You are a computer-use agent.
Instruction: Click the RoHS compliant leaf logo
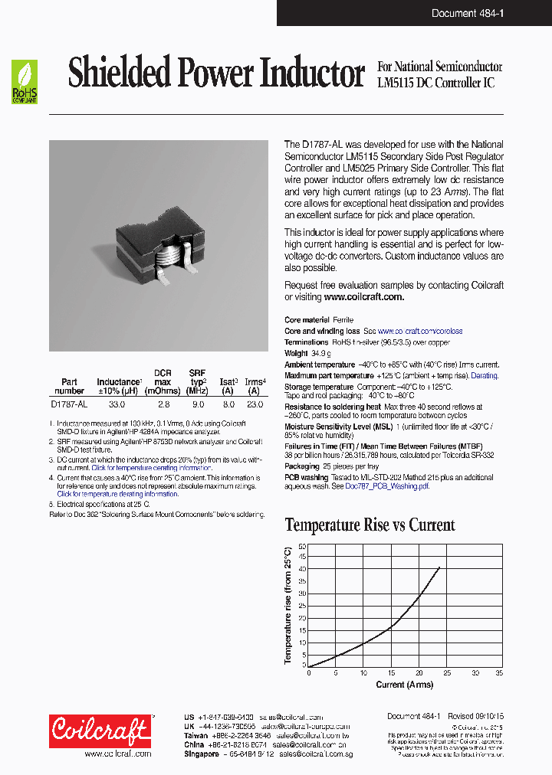click(x=24, y=82)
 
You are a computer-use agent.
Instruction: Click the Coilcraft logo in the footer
click(x=100, y=731)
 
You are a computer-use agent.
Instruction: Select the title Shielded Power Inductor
click(x=215, y=74)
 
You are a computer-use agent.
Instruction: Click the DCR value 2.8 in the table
click(x=163, y=403)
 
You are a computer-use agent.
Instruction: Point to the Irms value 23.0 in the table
click(x=255, y=403)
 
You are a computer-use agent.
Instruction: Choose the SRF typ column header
click(x=198, y=377)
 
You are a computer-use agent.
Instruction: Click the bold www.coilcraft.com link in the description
click(x=363, y=296)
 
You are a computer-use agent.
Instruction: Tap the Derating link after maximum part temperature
click(x=484, y=376)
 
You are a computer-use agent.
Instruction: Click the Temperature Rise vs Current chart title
click(x=370, y=525)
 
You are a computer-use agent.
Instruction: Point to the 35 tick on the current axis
click(x=499, y=672)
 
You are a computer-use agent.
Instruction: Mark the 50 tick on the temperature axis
click(x=302, y=547)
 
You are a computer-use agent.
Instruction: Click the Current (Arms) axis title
click(x=404, y=684)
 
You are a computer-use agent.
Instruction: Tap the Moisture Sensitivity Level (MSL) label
click(x=333, y=426)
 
